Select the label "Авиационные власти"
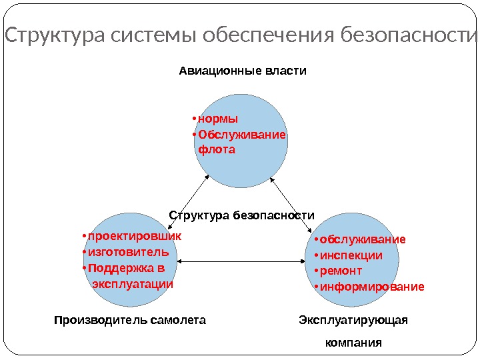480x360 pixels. [x=243, y=70]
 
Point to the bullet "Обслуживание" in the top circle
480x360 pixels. [x=242, y=135]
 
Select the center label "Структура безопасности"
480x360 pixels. [x=241, y=215]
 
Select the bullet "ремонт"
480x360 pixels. [x=341, y=271]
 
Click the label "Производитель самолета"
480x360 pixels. [x=129, y=320]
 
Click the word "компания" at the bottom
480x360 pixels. [x=353, y=343]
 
